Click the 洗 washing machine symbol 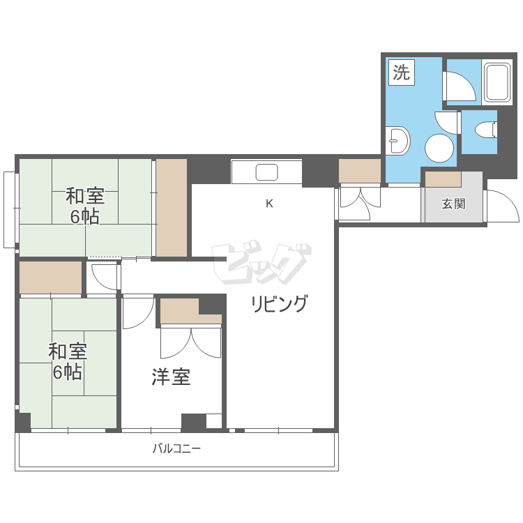tap(401, 73)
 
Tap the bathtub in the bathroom tap(497, 82)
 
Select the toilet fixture tap(487, 129)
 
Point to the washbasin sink tap(398, 140)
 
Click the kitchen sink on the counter tap(266, 172)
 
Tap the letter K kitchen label tap(269, 203)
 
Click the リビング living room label tap(279, 303)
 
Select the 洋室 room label tap(171, 377)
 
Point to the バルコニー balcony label tap(177, 448)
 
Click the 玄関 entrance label tap(453, 204)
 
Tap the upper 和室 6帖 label tap(85, 206)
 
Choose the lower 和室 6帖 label tap(68, 361)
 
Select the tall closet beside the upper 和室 tap(172, 208)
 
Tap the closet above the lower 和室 tap(51, 278)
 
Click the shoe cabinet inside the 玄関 tap(444, 179)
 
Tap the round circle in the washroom tap(439, 148)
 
